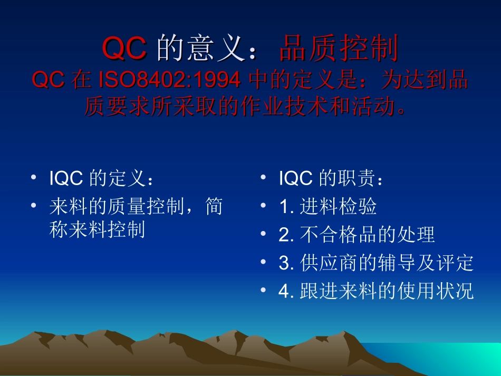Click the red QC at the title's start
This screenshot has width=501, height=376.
[124, 49]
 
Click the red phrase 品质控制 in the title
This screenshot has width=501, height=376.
[338, 49]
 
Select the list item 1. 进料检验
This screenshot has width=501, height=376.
[327, 207]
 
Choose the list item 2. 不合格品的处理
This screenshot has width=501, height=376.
[357, 235]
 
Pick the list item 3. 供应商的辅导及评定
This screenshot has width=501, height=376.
[375, 263]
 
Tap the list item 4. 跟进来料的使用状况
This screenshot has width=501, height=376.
[375, 291]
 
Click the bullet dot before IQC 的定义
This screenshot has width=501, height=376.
[34, 179]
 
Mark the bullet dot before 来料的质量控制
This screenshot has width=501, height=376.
[34, 207]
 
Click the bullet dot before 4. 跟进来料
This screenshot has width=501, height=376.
[264, 291]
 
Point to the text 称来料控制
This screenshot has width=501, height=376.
[97, 230]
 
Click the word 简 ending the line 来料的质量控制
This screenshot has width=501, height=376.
[214, 207]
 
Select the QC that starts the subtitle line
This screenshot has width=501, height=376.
[48, 80]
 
